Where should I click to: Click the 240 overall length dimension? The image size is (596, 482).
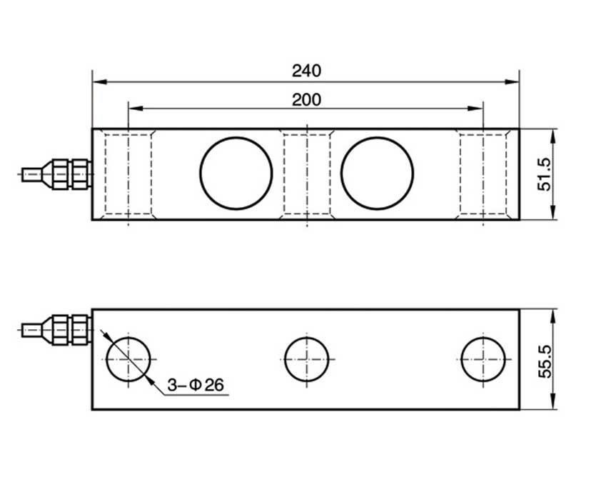click(306, 71)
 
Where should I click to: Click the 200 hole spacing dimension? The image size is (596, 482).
click(306, 99)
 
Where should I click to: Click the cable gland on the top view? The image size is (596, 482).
click(68, 174)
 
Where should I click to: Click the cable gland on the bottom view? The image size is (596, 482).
click(68, 329)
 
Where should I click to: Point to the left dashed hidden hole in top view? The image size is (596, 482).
click(128, 174)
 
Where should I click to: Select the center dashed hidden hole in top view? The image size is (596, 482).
click(307, 174)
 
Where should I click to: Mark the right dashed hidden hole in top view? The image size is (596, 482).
click(483, 174)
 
